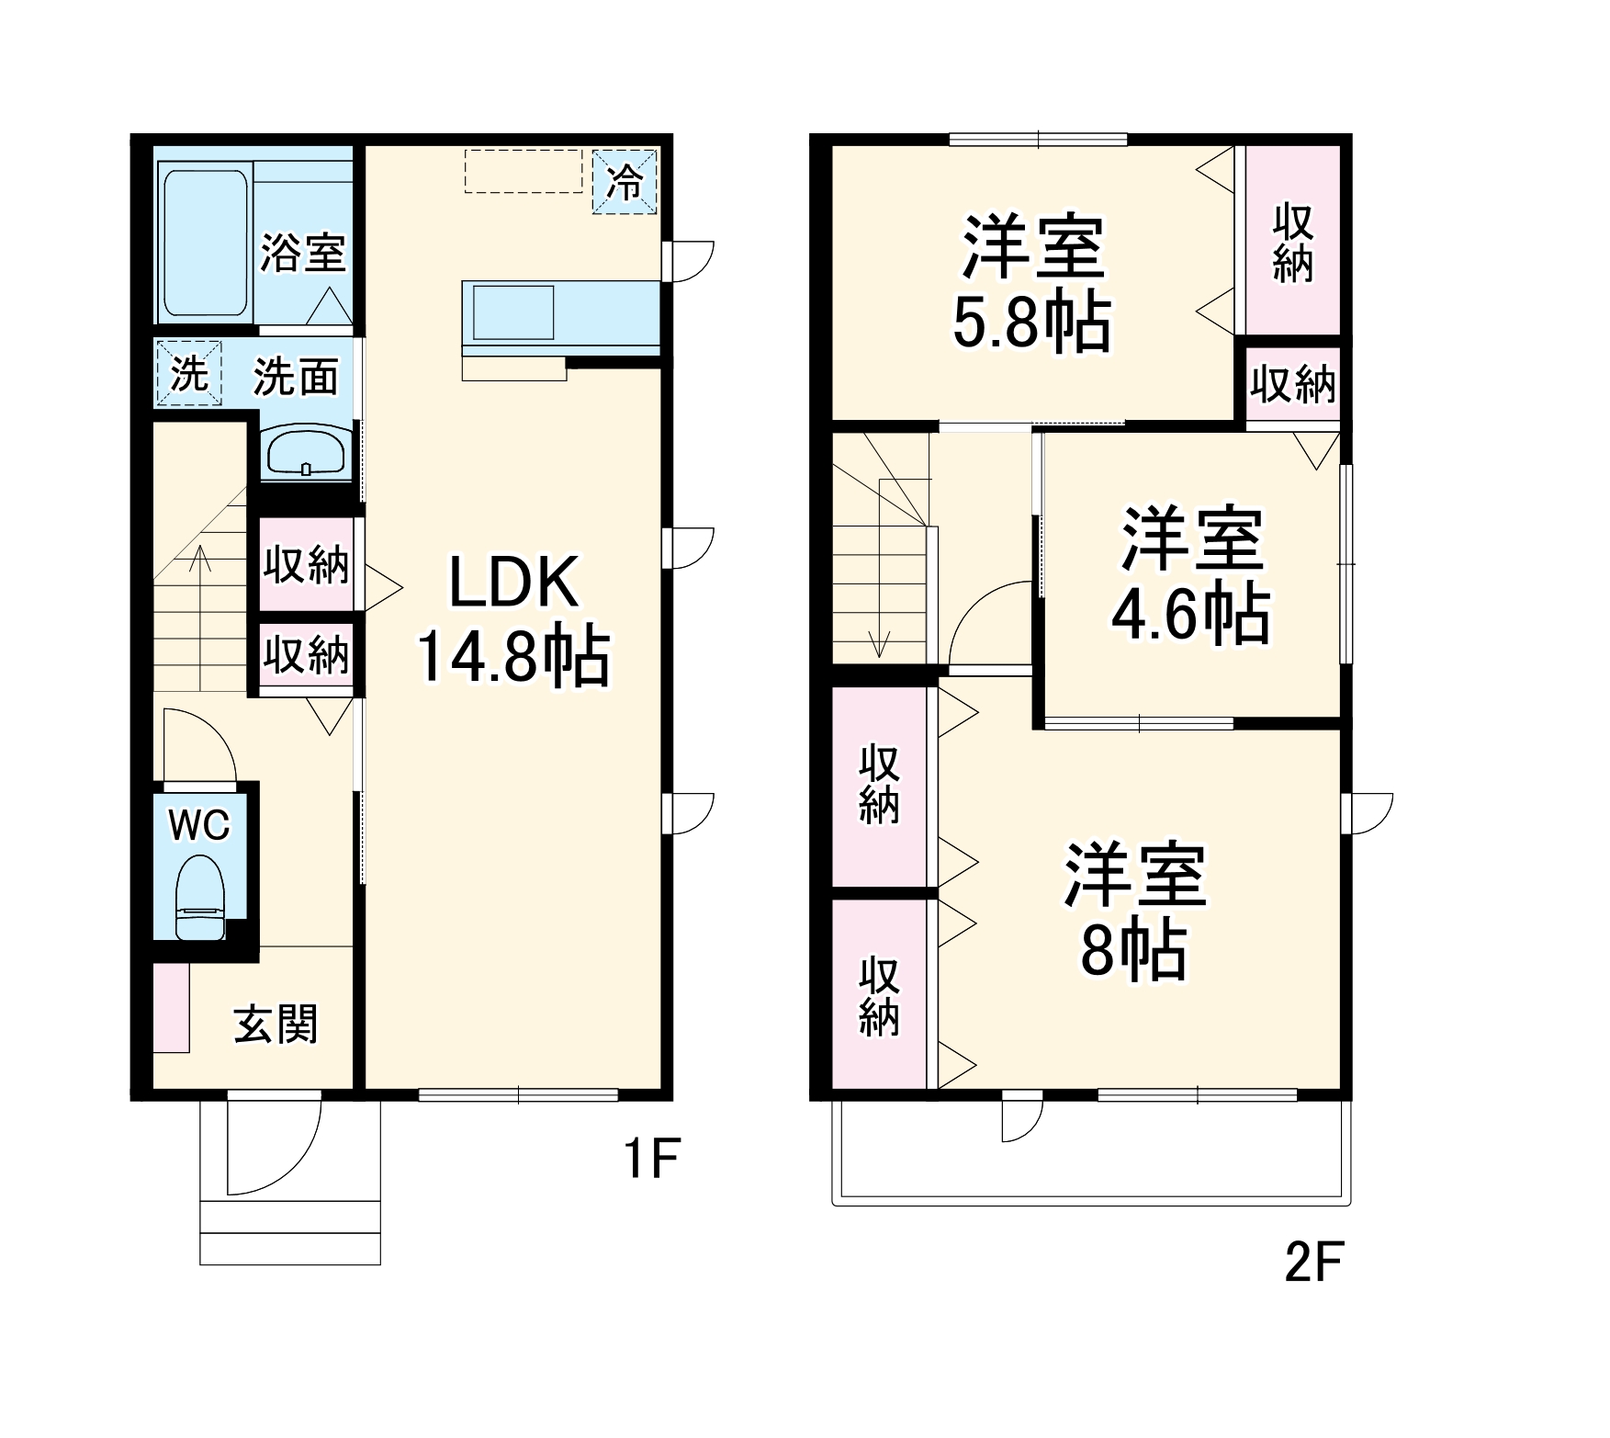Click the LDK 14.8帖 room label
tap(514, 620)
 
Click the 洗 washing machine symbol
tap(189, 373)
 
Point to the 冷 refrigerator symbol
tap(625, 182)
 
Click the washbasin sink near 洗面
tap(306, 453)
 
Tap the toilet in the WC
tap(200, 897)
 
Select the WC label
tap(199, 825)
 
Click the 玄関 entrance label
tap(276, 1024)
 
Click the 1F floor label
tap(650, 1159)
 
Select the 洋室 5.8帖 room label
tap(1033, 283)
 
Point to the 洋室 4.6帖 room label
tap(1191, 576)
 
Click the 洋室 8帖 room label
tap(1135, 911)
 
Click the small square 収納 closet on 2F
tap(1293, 383)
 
